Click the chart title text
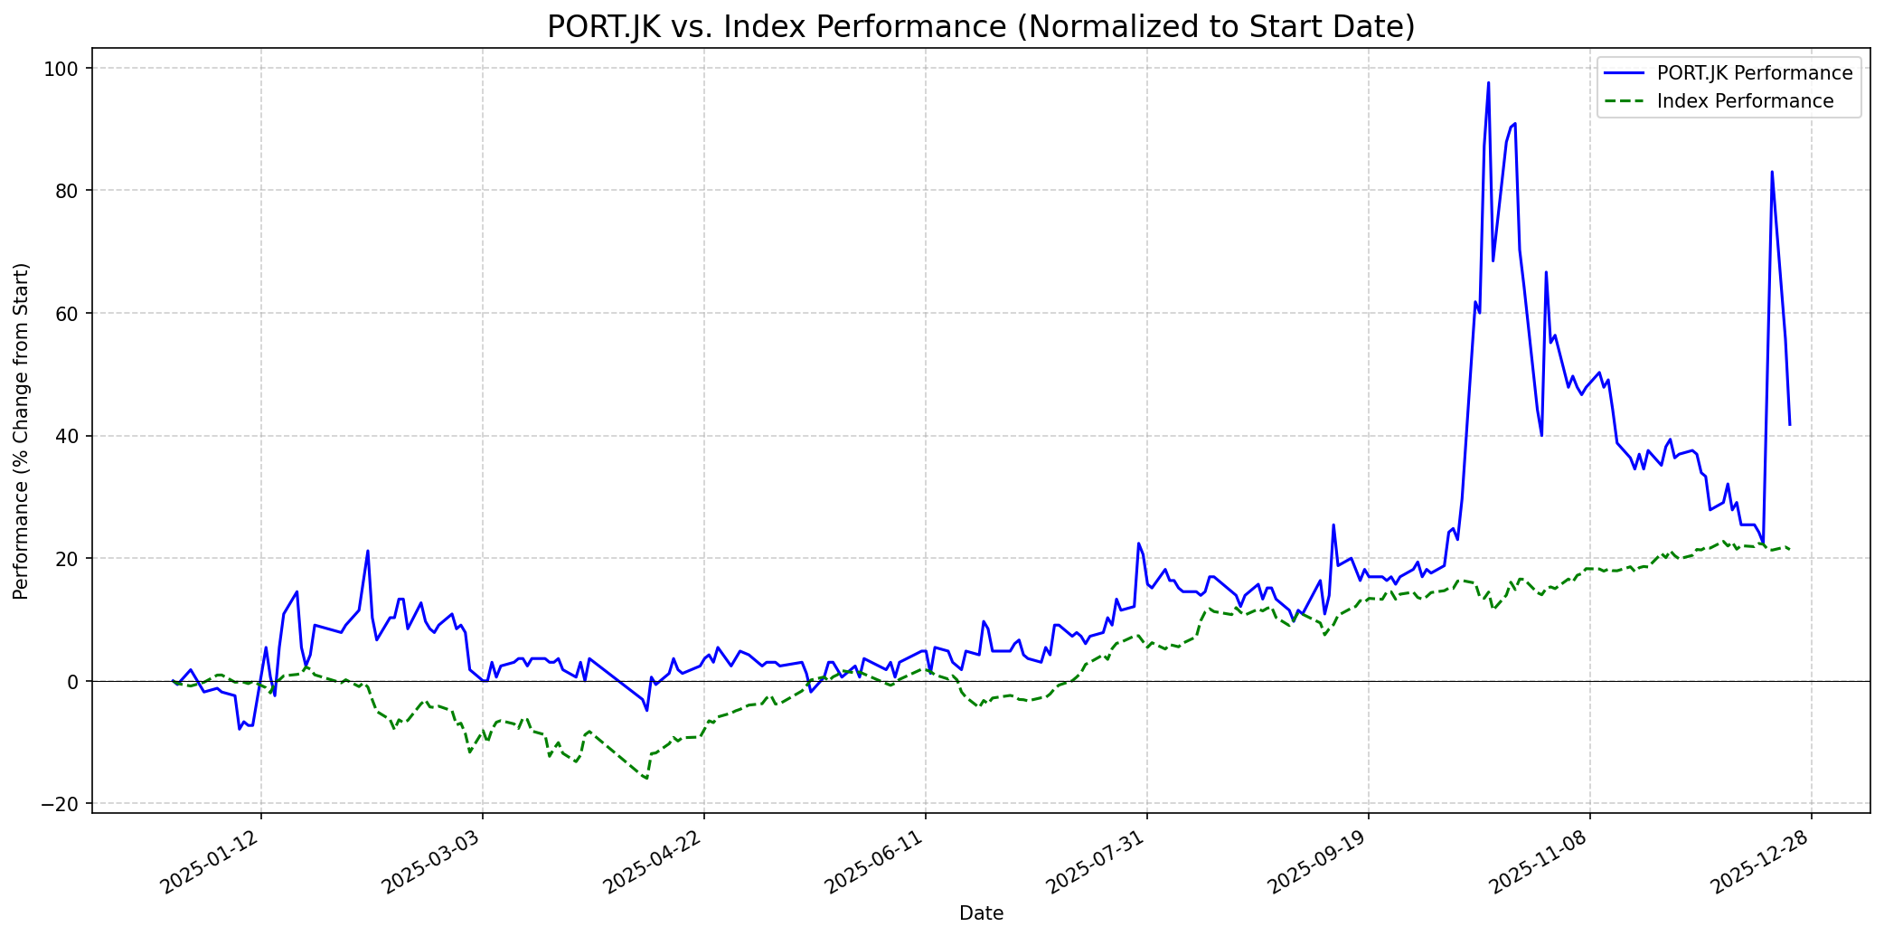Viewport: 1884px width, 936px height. point(981,27)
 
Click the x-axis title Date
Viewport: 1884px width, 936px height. point(981,913)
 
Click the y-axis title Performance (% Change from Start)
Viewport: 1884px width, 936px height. point(21,430)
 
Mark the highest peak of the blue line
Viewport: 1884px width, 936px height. point(1488,82)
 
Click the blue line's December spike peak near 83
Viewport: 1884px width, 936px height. point(1772,171)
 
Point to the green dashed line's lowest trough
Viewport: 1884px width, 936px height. point(646,779)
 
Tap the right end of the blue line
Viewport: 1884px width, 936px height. point(1789,424)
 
